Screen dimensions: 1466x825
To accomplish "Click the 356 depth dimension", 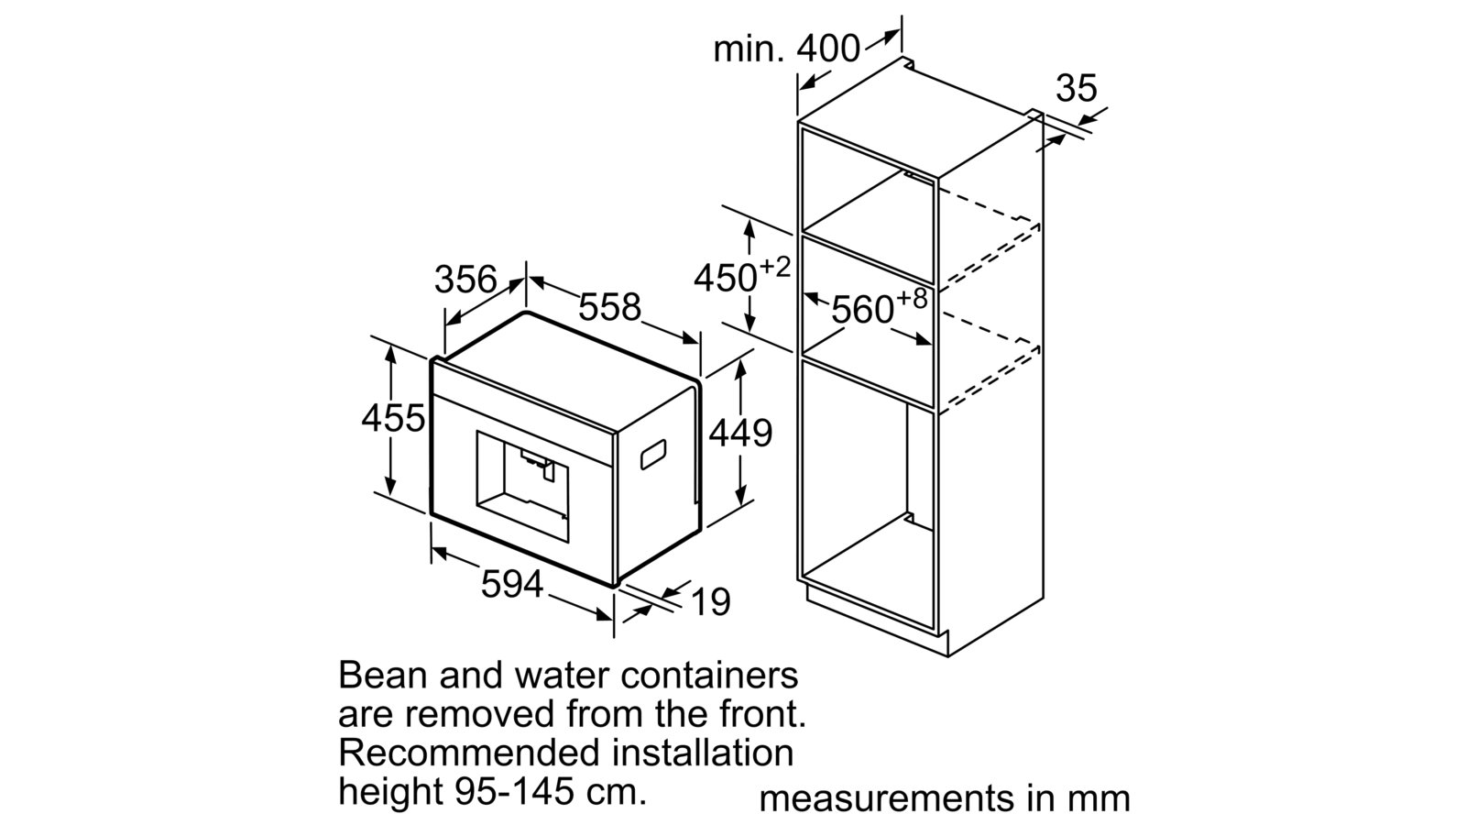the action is (x=466, y=280).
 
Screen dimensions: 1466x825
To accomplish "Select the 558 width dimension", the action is (x=610, y=306).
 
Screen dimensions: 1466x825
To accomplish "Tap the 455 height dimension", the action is (x=393, y=418).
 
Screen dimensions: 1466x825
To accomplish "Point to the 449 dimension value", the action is (x=741, y=433).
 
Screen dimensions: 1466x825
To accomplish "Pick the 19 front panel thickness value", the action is (x=711, y=601).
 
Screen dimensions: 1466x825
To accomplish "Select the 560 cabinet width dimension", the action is (x=862, y=309).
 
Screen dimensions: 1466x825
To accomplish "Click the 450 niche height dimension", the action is (x=725, y=279).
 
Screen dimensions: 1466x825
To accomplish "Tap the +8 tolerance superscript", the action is (x=912, y=299).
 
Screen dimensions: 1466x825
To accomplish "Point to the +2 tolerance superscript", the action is (x=775, y=267).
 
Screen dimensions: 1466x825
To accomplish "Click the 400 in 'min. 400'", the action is (x=828, y=49).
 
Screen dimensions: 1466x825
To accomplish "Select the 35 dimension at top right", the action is (x=1077, y=88).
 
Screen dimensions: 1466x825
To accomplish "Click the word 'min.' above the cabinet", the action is (x=748, y=49).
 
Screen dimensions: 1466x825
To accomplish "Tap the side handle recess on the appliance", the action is (x=653, y=455).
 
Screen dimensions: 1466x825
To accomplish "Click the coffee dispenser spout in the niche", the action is (x=538, y=462).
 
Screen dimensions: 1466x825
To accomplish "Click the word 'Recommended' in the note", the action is (x=469, y=753).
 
